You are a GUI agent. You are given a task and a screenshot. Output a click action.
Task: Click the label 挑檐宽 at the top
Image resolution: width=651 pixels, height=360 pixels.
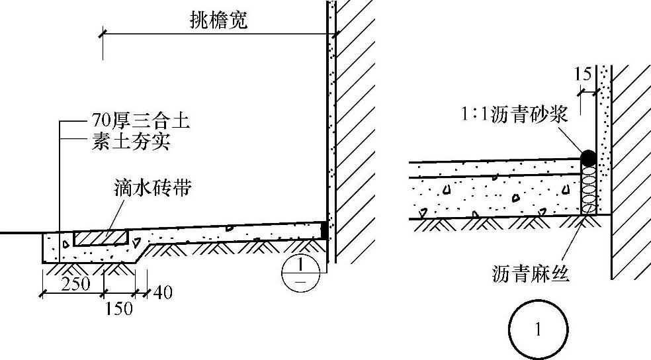coord(218,21)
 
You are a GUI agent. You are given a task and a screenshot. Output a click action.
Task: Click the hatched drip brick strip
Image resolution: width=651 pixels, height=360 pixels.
coord(101,236)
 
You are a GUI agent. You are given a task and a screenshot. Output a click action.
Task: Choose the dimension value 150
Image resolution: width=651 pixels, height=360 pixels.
coord(118,309)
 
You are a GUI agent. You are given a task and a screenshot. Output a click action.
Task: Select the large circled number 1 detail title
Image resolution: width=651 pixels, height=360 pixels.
coord(538,330)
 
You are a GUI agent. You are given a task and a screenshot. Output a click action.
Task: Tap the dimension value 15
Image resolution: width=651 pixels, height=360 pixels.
coord(583,74)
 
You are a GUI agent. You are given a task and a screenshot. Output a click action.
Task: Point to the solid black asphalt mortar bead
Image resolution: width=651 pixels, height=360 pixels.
coord(587,157)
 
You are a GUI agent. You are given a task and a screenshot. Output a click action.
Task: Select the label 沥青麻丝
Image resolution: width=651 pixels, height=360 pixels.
coord(531,273)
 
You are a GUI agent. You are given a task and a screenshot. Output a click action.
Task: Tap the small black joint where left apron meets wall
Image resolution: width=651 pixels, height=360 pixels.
coord(324,230)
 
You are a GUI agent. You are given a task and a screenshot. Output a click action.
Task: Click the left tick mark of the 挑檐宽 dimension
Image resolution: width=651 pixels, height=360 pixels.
coord(103,33)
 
